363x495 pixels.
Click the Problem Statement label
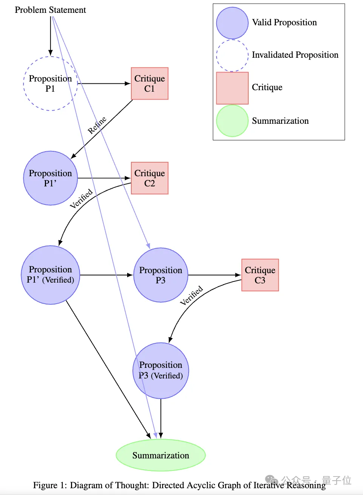click(50, 10)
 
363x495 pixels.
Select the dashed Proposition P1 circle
click(50, 83)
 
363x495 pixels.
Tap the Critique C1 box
click(149, 83)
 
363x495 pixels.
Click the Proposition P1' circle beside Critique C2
click(50, 178)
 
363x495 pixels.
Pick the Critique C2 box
click(149, 178)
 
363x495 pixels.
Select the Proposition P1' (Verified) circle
click(50, 275)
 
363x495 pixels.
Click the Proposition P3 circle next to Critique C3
click(160, 275)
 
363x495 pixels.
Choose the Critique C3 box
click(260, 275)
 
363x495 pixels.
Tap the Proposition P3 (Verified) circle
click(160, 370)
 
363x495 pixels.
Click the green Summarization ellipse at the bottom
click(160, 455)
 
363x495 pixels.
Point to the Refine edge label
click(97, 125)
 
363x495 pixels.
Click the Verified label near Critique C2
click(82, 198)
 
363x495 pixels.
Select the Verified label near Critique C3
click(191, 295)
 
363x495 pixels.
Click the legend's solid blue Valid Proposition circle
click(232, 23)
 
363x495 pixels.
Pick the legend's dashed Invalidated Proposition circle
click(232, 55)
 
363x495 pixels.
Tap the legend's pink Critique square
click(232, 88)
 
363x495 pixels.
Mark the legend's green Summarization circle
click(232, 121)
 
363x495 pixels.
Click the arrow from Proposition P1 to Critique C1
click(104, 83)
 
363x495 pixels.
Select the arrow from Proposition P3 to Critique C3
click(214, 275)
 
